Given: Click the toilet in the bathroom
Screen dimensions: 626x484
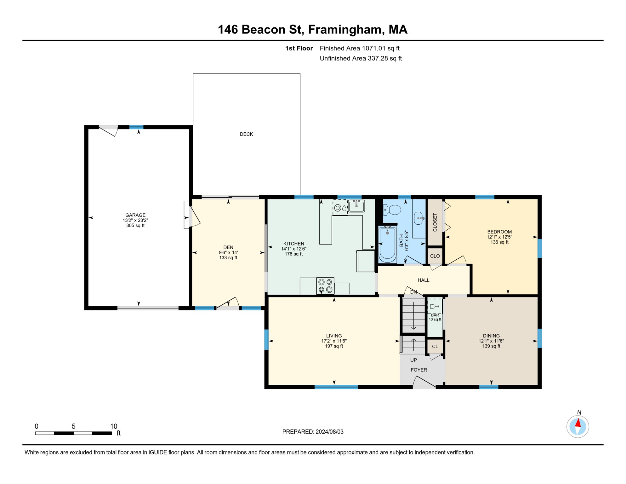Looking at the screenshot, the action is (x=392, y=210).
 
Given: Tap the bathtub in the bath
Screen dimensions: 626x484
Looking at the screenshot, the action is (x=387, y=244).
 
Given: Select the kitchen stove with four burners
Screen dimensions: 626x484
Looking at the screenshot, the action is (x=325, y=286).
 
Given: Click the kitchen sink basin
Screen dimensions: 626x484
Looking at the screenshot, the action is (x=356, y=206).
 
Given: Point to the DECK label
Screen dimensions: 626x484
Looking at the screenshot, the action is (x=246, y=134).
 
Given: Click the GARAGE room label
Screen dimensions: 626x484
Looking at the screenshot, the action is (x=135, y=215).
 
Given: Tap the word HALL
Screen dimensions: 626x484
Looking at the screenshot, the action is (x=424, y=280).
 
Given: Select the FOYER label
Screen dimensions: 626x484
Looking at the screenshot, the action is (x=419, y=370).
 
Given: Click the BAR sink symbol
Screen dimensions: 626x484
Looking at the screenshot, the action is (x=435, y=306).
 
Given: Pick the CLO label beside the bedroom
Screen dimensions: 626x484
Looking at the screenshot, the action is (x=435, y=256).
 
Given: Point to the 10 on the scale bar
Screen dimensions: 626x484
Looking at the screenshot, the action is (x=114, y=426).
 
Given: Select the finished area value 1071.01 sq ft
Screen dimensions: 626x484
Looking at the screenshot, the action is (x=381, y=48).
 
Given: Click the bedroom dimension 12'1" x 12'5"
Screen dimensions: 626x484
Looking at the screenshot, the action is (x=499, y=237).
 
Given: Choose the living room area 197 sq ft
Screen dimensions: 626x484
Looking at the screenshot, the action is (x=334, y=346).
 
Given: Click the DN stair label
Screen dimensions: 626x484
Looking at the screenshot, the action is (x=413, y=292).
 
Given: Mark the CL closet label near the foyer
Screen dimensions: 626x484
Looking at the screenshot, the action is (x=435, y=347).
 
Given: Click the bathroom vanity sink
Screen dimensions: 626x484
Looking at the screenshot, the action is (x=419, y=218).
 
